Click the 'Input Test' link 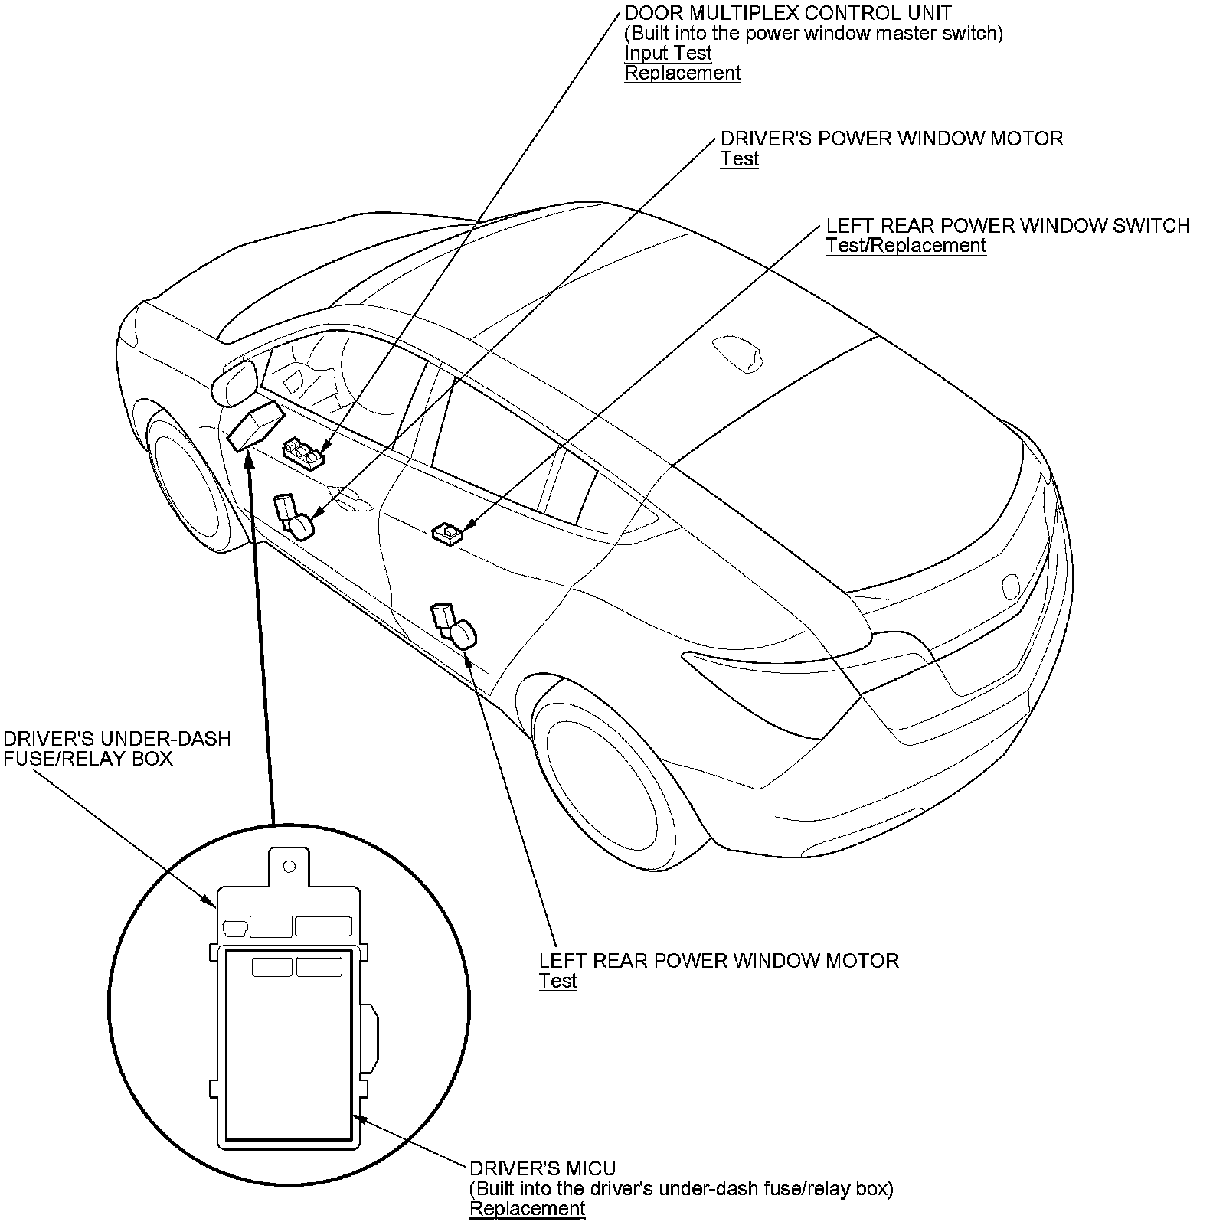coord(668,53)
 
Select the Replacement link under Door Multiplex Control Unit coord(682,73)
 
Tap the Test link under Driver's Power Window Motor coord(739,158)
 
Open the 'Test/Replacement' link coord(906,245)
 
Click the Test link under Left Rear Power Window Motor coord(557,981)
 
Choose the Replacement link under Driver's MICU coord(527,1208)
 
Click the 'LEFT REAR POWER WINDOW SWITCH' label coord(1008,225)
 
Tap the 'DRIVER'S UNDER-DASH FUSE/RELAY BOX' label coord(117,748)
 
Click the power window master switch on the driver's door coord(304,453)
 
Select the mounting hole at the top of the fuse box coord(289,866)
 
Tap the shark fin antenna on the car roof coord(737,353)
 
